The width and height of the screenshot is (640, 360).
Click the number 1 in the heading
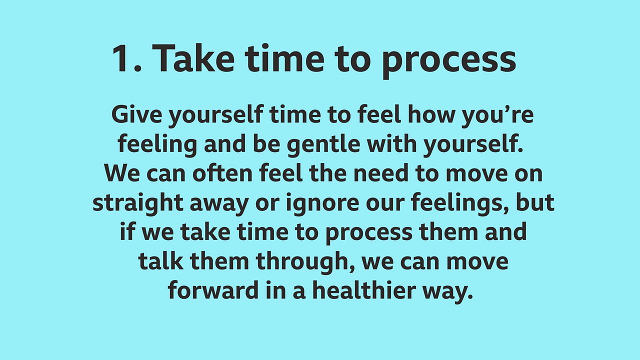[x=121, y=59]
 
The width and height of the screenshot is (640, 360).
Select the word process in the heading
[x=449, y=62]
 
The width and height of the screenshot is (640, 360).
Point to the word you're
[x=497, y=117]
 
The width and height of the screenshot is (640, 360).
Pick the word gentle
[x=323, y=145]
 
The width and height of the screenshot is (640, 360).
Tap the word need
[x=381, y=173]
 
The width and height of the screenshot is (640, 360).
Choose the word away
[x=219, y=205]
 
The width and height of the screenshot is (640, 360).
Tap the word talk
[x=161, y=261]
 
